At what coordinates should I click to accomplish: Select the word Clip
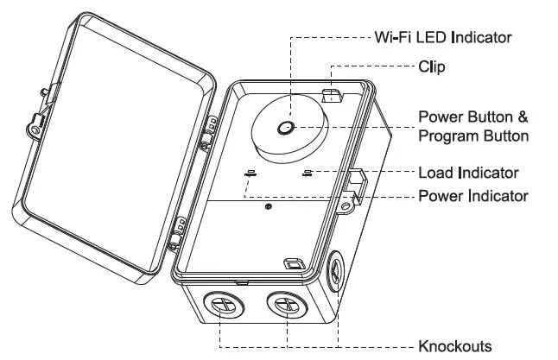[432, 67]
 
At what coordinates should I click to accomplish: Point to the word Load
[434, 172]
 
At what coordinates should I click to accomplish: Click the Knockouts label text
[455, 346]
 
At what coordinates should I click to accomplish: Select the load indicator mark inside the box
[308, 172]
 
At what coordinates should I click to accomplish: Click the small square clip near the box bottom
[294, 263]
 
